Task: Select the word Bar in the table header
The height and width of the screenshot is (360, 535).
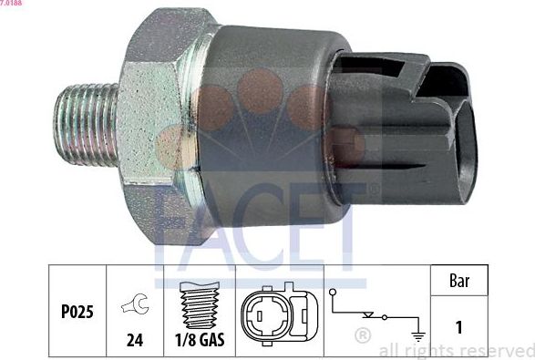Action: pyautogui.click(x=460, y=282)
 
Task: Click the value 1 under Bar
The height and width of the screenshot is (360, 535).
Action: pyautogui.click(x=460, y=325)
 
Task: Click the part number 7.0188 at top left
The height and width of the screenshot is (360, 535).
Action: pyautogui.click(x=12, y=4)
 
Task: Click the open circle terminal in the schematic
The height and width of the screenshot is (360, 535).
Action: pyautogui.click(x=336, y=293)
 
